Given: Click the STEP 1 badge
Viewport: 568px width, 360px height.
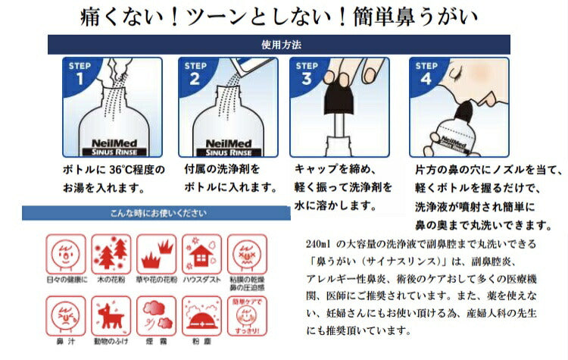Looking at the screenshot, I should click(x=81, y=73).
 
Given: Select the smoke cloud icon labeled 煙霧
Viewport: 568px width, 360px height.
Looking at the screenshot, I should click(x=154, y=312).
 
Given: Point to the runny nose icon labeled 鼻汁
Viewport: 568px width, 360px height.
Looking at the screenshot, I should click(x=63, y=312).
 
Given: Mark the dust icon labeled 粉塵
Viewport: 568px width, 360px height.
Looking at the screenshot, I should click(x=199, y=312).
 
